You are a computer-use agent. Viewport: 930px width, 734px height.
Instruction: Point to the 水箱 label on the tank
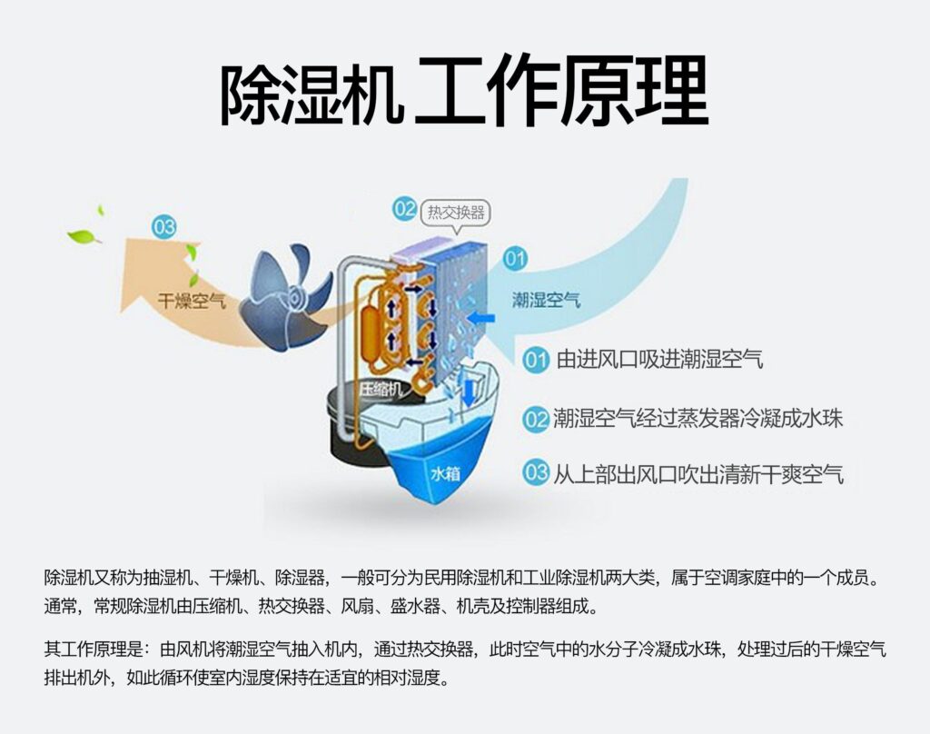point(446,473)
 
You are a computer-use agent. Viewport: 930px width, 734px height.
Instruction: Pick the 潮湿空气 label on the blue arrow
point(547,300)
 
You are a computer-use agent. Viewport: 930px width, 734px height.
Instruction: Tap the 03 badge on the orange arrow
point(164,227)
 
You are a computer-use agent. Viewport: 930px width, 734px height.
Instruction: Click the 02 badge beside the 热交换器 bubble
point(405,209)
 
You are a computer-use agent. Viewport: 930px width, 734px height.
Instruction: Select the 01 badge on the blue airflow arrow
point(515,259)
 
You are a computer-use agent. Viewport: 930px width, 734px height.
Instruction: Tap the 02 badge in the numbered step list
point(537,419)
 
